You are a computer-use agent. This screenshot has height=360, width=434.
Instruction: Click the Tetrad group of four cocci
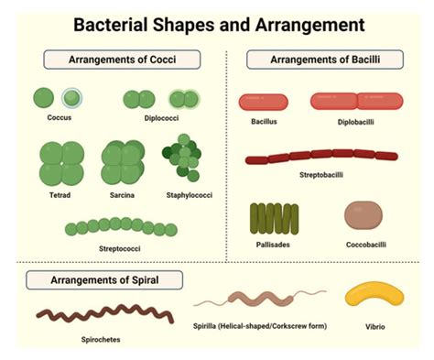(x=60, y=162)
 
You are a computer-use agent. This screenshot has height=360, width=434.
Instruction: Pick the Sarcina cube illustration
(x=123, y=162)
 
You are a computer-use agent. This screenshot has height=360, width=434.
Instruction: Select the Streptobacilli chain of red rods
(x=321, y=157)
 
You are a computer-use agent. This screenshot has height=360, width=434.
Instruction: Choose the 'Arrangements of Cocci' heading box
(x=122, y=60)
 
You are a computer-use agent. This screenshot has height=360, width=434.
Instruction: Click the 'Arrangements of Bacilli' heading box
(x=325, y=60)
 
